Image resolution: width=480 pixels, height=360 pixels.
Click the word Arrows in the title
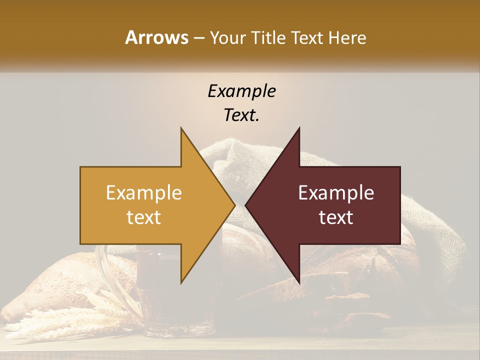click(156, 37)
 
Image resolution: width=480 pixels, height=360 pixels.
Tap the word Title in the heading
click(268, 38)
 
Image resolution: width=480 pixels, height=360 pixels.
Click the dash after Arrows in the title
click(198, 38)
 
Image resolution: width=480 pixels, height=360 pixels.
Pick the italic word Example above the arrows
click(241, 91)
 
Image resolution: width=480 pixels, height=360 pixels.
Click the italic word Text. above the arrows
click(241, 115)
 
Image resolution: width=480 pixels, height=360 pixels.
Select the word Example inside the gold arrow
click(144, 193)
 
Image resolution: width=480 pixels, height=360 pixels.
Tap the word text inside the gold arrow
click(144, 217)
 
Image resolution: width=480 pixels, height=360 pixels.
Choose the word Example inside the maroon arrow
click(336, 193)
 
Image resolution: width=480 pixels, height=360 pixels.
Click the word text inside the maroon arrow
click(336, 217)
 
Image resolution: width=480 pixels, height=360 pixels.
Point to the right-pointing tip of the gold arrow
click(234, 205)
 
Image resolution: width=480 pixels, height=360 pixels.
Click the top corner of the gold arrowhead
click(181, 128)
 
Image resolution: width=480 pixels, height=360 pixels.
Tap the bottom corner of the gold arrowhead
click(181, 282)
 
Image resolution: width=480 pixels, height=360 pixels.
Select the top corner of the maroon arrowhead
click(299, 128)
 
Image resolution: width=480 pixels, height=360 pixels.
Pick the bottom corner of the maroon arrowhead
click(299, 282)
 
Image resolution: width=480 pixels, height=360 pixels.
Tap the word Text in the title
click(308, 38)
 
